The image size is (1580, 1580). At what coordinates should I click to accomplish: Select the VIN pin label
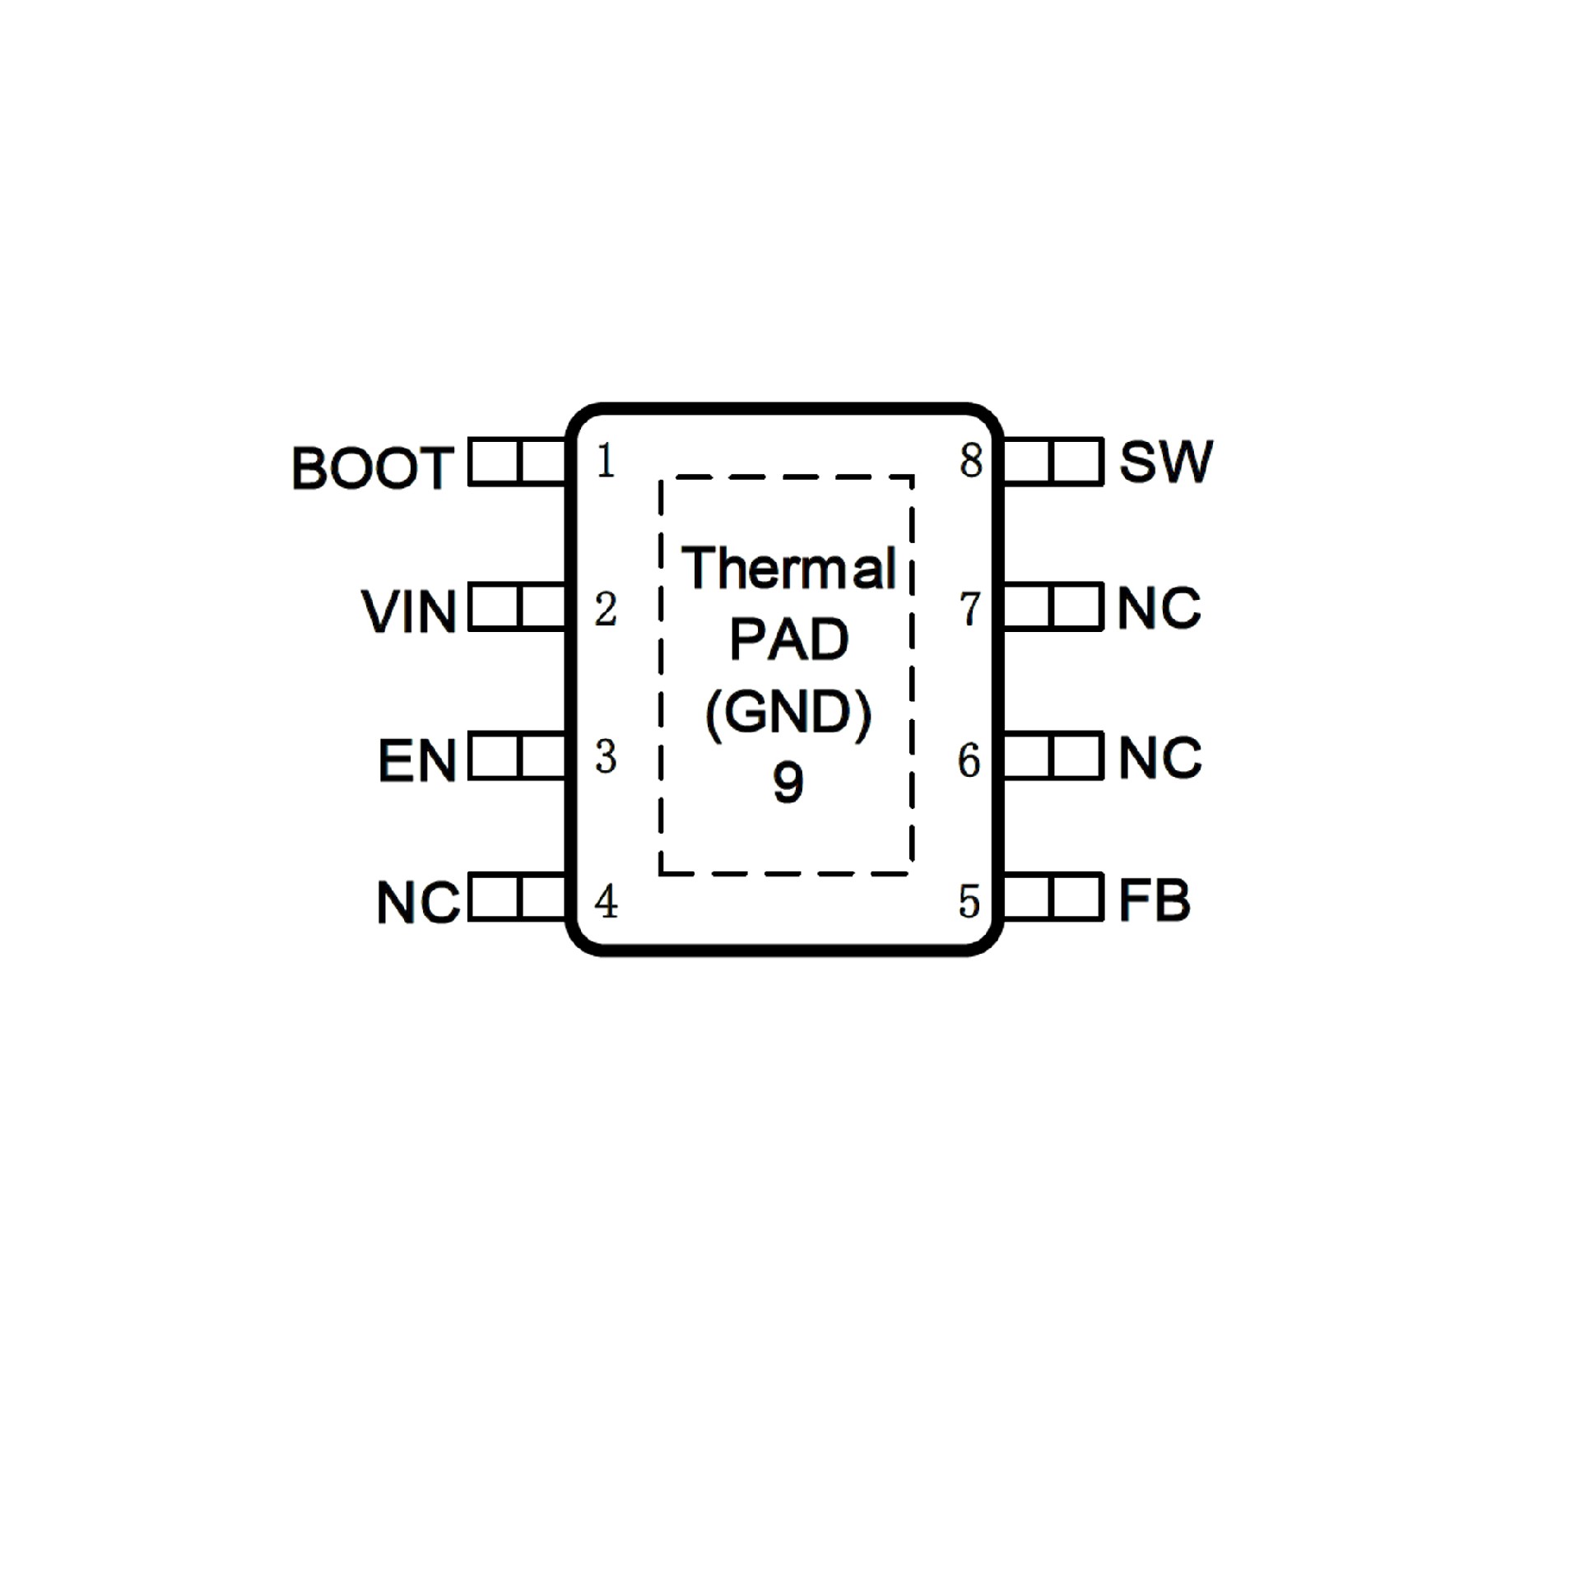408,612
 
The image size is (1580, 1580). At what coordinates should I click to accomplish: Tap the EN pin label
416,760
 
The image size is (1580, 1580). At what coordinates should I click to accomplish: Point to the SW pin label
1166,462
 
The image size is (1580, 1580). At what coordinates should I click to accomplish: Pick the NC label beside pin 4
417,903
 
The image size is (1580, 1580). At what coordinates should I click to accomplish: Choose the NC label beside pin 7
1159,609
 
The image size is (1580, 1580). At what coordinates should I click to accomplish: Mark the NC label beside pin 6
1159,757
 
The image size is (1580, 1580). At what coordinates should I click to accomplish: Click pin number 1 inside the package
606,461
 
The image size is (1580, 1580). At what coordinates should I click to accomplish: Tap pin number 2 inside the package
606,610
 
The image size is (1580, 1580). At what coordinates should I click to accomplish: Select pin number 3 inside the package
606,757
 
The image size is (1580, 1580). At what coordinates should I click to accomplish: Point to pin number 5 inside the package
969,902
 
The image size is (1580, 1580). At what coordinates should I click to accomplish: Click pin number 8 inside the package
971,461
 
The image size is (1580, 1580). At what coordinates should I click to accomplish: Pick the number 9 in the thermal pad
788,783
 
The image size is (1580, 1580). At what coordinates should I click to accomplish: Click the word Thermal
788,568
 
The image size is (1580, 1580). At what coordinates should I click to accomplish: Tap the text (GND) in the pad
788,713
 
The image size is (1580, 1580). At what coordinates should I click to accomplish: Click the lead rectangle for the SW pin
1053,462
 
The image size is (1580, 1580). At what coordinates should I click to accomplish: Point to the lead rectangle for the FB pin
1053,897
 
